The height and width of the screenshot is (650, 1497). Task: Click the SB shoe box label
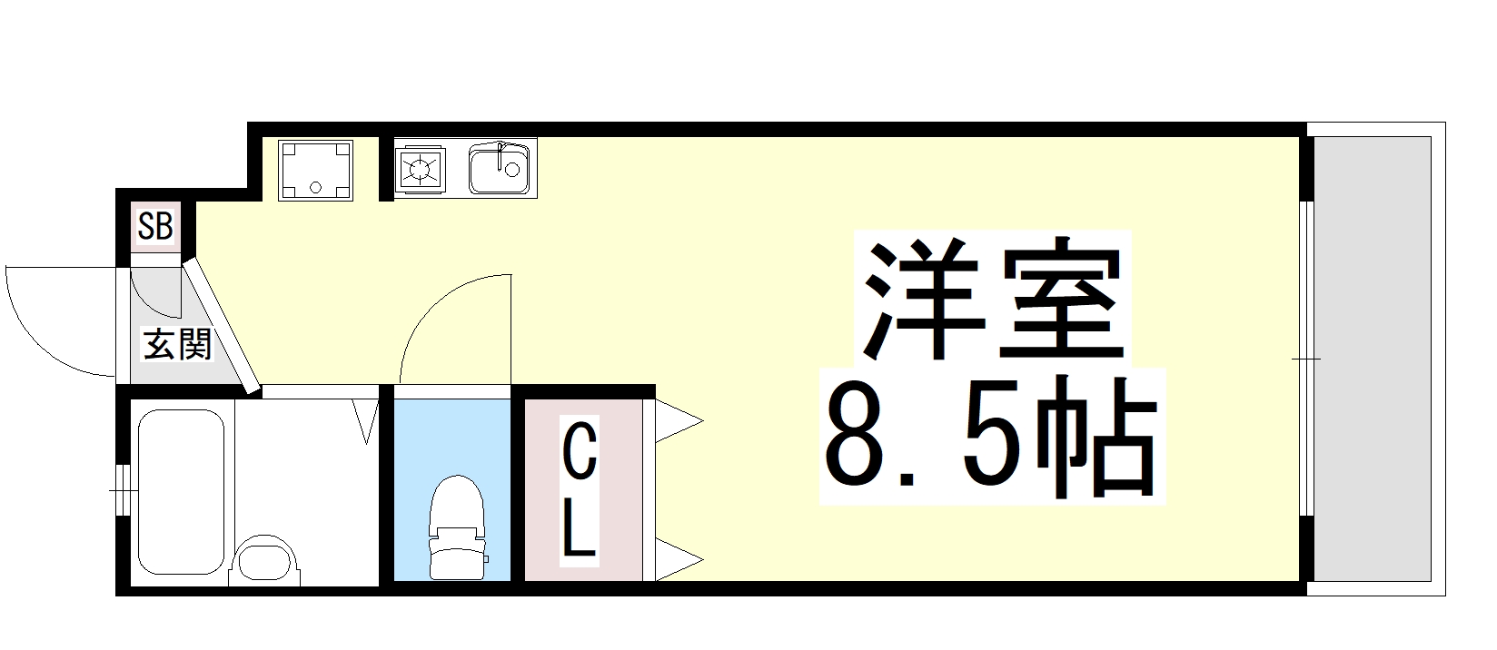pyautogui.click(x=155, y=226)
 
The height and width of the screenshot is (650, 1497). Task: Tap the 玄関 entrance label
pyautogui.click(x=178, y=345)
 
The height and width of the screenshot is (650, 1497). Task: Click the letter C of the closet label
pyautogui.click(x=580, y=452)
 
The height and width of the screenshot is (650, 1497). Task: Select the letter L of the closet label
pyautogui.click(x=579, y=530)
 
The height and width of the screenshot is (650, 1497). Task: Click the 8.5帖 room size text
pyautogui.click(x=991, y=437)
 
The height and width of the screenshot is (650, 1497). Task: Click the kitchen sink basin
pyautogui.click(x=499, y=169)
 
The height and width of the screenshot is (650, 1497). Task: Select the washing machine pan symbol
pyautogui.click(x=315, y=171)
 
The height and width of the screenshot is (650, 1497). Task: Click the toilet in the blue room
pyautogui.click(x=457, y=527)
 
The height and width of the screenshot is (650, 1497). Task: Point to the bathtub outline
pyautogui.click(x=181, y=491)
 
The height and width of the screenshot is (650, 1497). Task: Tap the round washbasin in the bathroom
pyautogui.click(x=264, y=559)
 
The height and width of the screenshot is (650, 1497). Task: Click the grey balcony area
pyautogui.click(x=1373, y=359)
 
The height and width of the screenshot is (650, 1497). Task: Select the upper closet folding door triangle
pyautogui.click(x=679, y=421)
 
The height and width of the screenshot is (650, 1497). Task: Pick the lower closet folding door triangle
pyautogui.click(x=679, y=559)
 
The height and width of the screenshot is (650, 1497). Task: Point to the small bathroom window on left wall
pyautogui.click(x=123, y=490)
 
